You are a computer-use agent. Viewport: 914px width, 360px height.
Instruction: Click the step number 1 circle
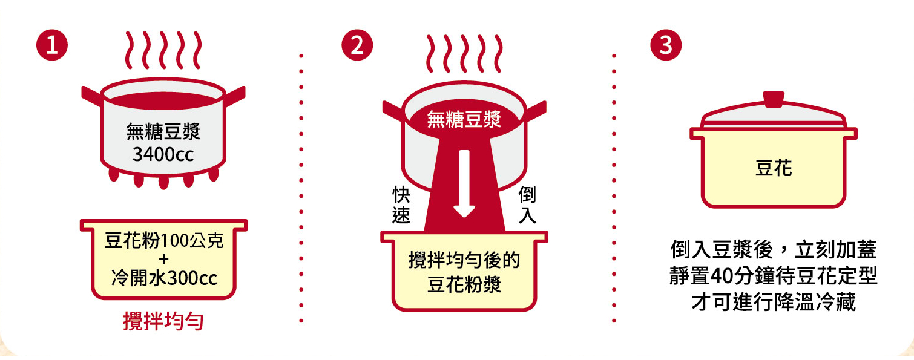tap(52, 45)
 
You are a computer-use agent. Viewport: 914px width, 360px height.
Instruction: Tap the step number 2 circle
tap(357, 45)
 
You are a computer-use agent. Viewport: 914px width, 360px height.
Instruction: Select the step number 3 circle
tap(666, 45)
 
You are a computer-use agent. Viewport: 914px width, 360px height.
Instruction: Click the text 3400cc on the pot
tap(163, 154)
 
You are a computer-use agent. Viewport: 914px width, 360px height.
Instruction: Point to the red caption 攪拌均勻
tap(163, 321)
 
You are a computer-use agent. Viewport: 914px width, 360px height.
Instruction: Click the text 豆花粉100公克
tap(164, 240)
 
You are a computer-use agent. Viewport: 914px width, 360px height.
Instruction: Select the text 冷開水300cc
tap(164, 278)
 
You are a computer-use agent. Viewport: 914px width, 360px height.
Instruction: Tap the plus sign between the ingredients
tap(163, 259)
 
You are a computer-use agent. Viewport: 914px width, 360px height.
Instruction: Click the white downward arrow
tap(464, 184)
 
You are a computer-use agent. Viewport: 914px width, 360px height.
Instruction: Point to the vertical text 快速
tap(401, 205)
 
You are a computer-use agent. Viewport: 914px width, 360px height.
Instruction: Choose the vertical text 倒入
tap(527, 205)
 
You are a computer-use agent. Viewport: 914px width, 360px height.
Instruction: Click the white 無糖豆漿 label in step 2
tap(464, 119)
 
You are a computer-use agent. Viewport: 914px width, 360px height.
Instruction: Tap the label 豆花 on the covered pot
tap(774, 168)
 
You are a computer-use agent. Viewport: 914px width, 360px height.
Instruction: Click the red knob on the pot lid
tap(774, 99)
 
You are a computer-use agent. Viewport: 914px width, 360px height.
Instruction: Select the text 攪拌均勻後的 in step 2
tap(464, 260)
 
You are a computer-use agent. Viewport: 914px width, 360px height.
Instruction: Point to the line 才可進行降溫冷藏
tap(774, 302)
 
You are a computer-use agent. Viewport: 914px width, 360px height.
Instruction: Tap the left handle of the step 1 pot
tap(92, 97)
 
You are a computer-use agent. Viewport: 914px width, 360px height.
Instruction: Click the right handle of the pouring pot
tap(536, 111)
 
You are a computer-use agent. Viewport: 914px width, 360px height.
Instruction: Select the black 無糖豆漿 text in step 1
tap(163, 131)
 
